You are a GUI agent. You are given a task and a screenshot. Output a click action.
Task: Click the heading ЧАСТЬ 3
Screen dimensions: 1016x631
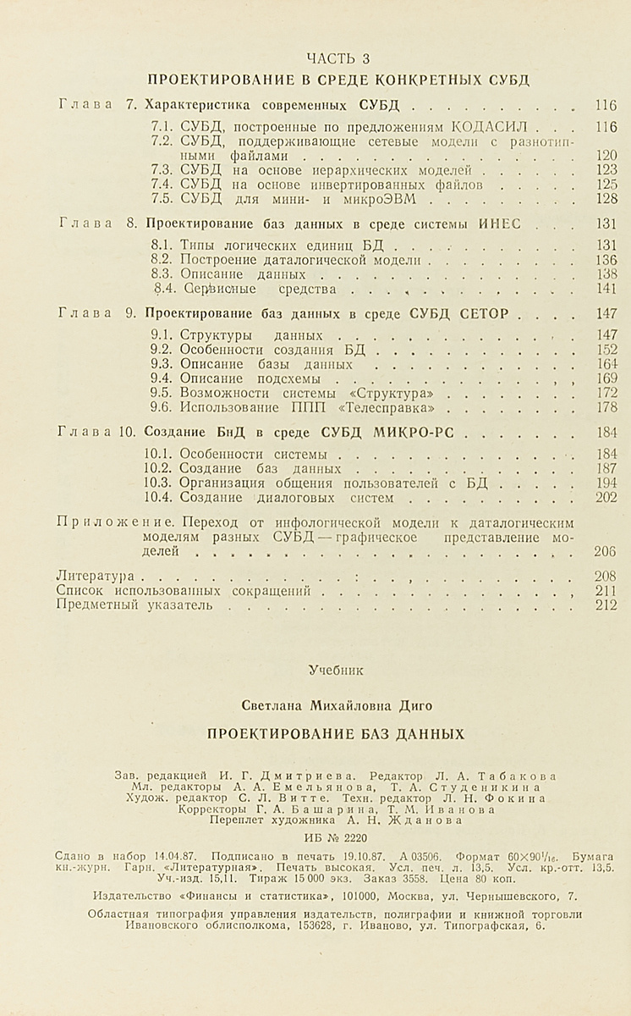(337, 58)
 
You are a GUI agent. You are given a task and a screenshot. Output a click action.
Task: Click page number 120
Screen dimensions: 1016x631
(606, 156)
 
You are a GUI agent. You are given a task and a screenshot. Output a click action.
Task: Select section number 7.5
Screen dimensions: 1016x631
(162, 199)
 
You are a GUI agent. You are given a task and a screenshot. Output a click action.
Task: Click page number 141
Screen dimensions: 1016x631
(606, 289)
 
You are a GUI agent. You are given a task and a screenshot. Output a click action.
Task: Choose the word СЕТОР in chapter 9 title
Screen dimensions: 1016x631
(483, 313)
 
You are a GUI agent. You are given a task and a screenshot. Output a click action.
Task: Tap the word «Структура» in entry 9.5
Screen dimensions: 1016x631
(397, 394)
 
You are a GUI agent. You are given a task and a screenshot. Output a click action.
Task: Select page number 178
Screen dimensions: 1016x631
(606, 408)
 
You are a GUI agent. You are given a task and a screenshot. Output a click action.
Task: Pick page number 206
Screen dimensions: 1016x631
(606, 551)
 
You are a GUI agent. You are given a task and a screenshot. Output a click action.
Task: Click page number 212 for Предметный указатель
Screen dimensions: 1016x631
(606, 605)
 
